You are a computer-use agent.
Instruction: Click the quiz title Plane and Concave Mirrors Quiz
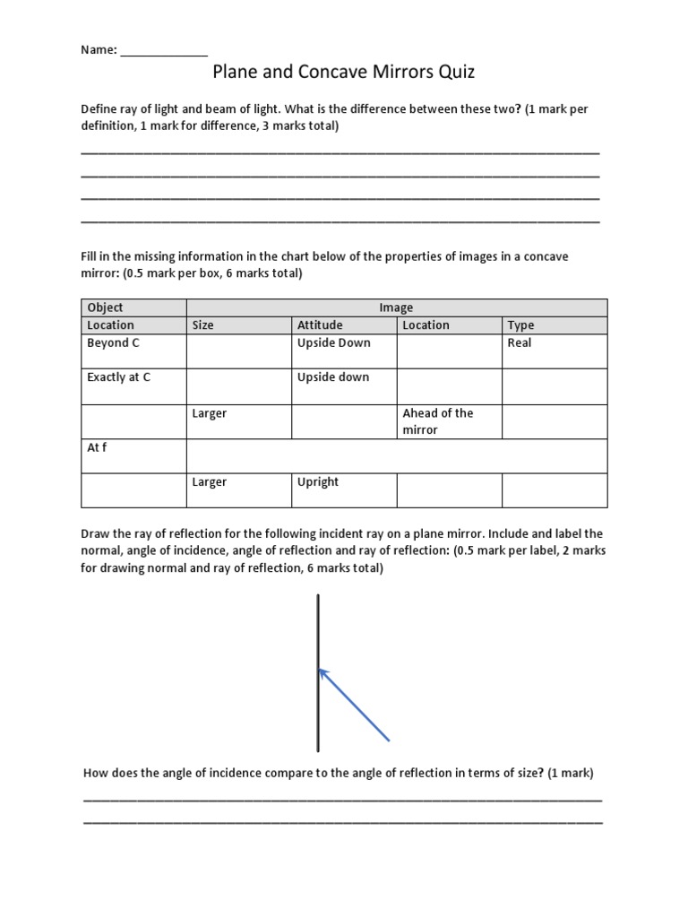[x=343, y=72]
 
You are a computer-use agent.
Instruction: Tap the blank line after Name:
[x=164, y=51]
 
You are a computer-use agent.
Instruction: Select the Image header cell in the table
[x=396, y=307]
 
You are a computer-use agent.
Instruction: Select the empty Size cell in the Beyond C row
[x=238, y=351]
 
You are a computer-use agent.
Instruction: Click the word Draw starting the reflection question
[x=97, y=533]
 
